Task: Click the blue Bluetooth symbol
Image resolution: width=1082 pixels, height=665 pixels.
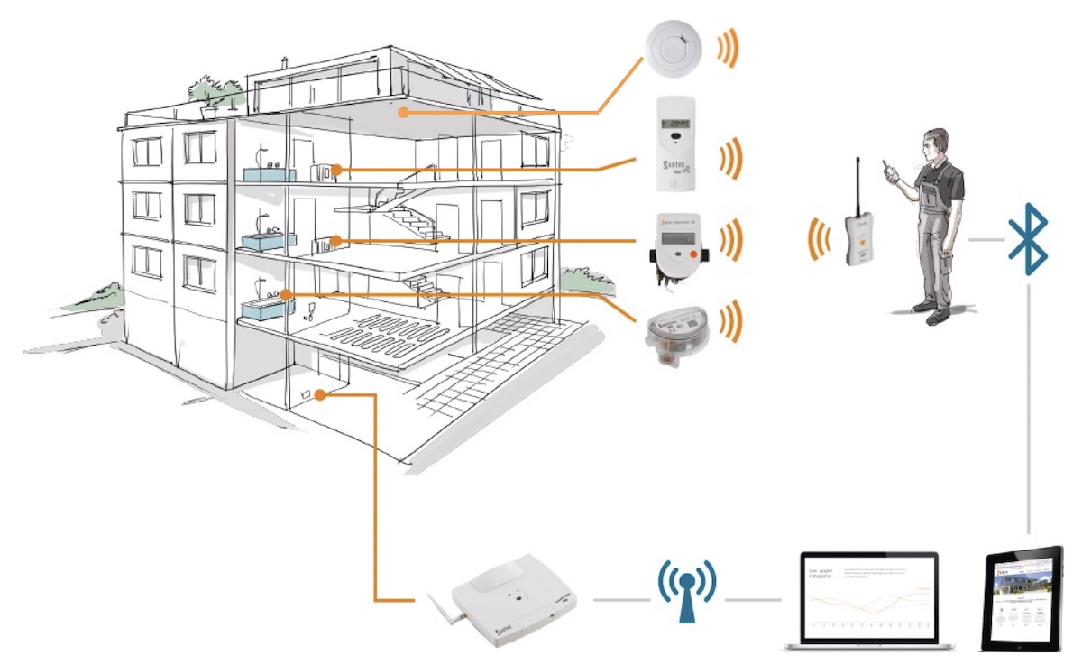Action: point(1028,239)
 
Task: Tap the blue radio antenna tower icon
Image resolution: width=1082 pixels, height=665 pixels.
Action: point(686,591)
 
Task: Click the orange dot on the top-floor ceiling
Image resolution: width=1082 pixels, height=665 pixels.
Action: point(405,113)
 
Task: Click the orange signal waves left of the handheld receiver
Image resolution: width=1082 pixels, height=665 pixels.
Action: point(820,239)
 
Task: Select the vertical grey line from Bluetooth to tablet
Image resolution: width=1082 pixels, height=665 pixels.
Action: point(1029,406)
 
